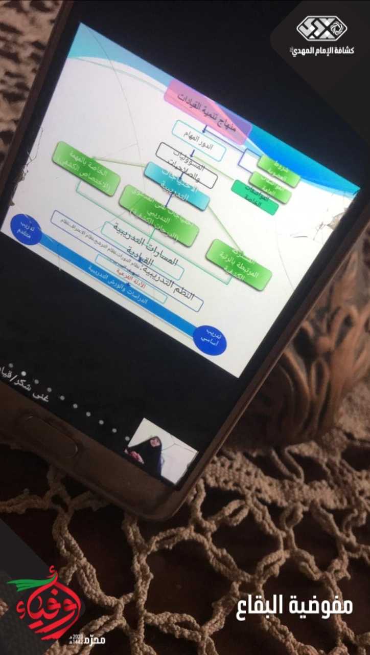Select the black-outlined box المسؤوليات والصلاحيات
coord(186,165)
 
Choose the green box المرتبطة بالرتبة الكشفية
coord(239,265)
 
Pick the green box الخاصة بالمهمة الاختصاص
coord(86,168)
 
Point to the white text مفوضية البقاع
coord(296,606)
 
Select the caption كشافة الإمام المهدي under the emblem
coord(321,50)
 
